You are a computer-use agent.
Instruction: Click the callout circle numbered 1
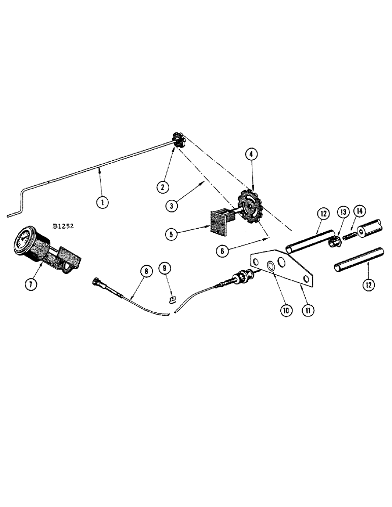(x=103, y=202)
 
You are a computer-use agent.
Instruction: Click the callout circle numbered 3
(x=174, y=205)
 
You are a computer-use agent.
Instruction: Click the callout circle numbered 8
(x=146, y=271)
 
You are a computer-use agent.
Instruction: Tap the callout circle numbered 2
(x=162, y=187)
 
